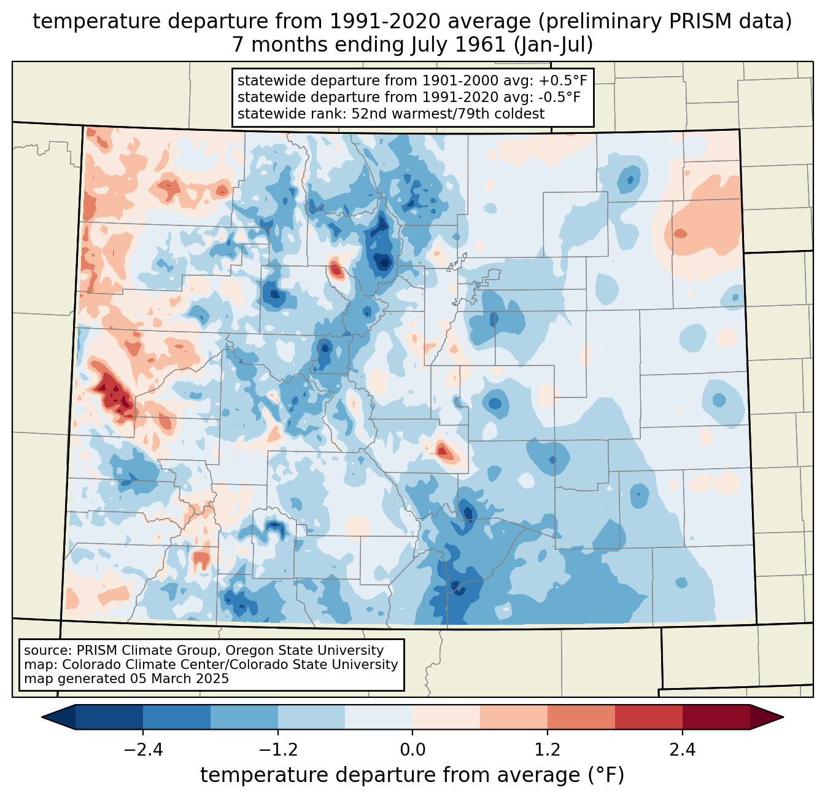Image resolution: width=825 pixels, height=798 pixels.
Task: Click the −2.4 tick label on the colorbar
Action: click(x=142, y=750)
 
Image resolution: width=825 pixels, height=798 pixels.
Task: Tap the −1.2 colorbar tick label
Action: click(x=277, y=750)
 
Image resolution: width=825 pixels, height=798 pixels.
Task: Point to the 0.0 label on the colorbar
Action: click(x=412, y=750)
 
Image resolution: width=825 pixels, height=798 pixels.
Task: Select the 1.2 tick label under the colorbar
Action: click(x=548, y=750)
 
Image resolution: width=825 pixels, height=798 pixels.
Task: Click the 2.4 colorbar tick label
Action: click(x=683, y=750)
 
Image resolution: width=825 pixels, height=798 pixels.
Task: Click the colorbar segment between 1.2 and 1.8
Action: click(x=581, y=717)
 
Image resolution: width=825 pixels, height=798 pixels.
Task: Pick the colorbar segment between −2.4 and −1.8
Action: click(x=176, y=717)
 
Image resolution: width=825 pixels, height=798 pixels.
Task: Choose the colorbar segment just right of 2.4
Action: click(x=716, y=717)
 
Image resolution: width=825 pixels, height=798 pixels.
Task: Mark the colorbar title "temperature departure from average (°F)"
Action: click(x=412, y=775)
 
